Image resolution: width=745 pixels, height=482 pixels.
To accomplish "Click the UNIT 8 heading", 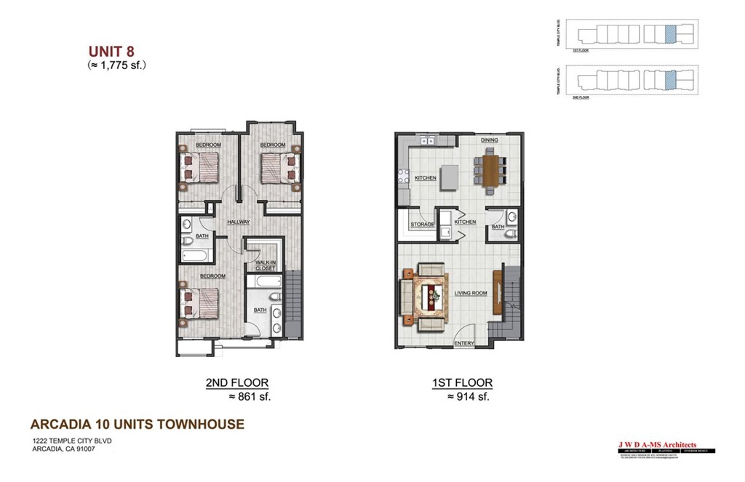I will [x=111, y=51].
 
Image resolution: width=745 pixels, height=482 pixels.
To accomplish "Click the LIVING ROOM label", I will [x=471, y=294].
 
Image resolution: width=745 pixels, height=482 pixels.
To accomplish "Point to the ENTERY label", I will [x=464, y=343].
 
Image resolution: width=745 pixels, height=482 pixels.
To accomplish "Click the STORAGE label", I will [x=422, y=225].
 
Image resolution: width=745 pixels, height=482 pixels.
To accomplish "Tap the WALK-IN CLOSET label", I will [x=265, y=265].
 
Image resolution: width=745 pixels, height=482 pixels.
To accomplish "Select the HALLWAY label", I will [x=239, y=222].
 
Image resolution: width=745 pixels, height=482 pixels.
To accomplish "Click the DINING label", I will [x=489, y=140].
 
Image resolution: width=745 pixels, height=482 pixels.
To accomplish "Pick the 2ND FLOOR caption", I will [x=231, y=382].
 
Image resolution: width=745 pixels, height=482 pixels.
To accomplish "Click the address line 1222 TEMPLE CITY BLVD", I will [x=71, y=441].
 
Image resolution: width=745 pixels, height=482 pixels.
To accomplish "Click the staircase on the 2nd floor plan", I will [x=293, y=303].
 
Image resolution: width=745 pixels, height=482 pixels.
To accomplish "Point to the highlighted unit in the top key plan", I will [x=670, y=33].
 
